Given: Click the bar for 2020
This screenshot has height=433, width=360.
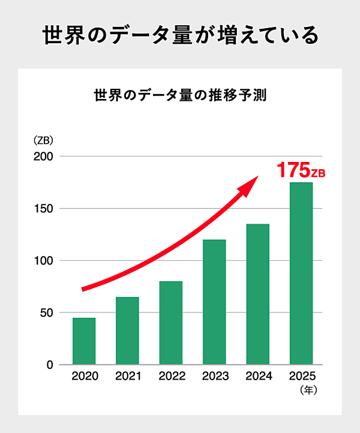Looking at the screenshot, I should (84, 341).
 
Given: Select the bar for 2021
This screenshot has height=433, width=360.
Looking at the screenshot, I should (127, 330).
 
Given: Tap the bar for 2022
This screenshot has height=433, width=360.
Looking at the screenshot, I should (171, 323).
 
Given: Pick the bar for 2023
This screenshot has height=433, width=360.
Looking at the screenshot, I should (214, 302).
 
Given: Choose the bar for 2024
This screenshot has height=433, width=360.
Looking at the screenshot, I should (258, 294).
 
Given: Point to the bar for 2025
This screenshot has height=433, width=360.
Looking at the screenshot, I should (301, 273).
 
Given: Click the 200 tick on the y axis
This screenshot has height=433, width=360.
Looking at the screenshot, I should (45, 157).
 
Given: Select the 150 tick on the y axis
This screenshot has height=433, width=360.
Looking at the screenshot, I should (45, 209).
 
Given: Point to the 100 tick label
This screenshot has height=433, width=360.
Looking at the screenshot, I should (45, 261).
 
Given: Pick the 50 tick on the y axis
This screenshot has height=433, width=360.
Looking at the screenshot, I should (47, 313).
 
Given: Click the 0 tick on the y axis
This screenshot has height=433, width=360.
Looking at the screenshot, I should (50, 365).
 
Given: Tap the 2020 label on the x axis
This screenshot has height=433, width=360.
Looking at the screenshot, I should (84, 377).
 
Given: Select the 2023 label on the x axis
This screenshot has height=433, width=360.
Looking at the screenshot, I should (214, 377).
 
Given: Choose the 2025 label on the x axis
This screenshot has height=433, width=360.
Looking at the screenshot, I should (301, 377).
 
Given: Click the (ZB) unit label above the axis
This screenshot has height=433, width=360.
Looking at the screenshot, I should (43, 142).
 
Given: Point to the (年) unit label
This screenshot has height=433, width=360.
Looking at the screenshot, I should (308, 390).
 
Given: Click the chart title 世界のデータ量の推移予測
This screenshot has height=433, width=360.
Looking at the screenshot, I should (180, 95).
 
